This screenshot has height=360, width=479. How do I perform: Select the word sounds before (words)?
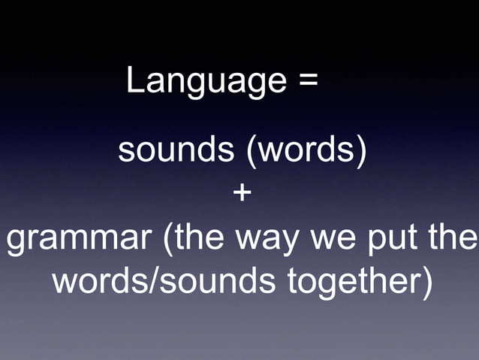[176, 150]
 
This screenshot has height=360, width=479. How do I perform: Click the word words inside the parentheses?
[305, 150]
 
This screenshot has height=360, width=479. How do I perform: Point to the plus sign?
[242, 193]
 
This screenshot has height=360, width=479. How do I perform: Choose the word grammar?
[78, 239]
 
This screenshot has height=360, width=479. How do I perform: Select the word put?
[392, 239]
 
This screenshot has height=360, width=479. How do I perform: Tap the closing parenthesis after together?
[427, 283]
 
